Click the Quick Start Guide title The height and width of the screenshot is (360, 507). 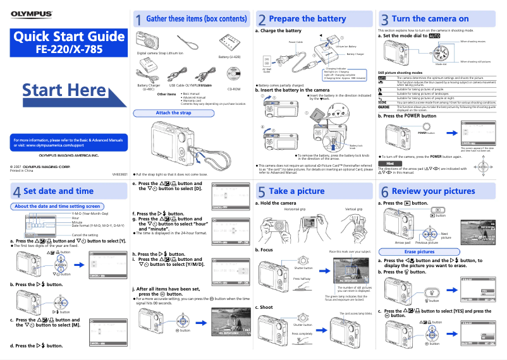(65, 37)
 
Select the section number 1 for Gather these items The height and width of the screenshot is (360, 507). (138, 21)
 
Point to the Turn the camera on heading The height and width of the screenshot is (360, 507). (430, 19)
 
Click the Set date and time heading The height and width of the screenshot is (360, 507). (58, 191)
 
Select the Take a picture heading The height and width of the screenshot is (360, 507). (296, 191)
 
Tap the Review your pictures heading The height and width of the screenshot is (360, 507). (433, 191)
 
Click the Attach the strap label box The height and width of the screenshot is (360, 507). (173, 113)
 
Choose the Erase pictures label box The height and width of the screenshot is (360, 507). (419, 252)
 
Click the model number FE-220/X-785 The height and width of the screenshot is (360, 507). (65, 49)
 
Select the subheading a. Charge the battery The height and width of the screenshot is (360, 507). (278, 30)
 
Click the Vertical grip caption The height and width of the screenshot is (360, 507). (353, 209)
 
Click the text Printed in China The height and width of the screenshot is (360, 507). (22, 171)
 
